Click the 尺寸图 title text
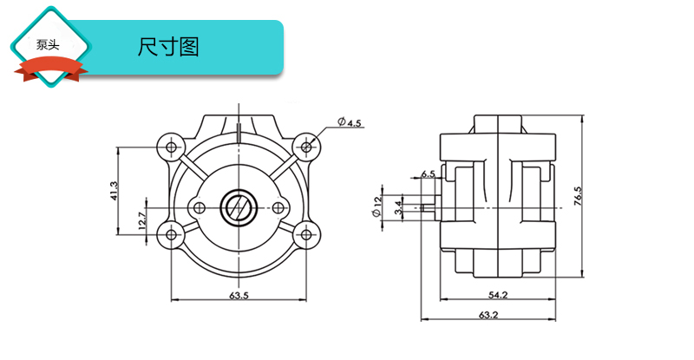tap(168, 48)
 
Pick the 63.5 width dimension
tap(239, 295)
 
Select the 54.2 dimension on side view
tap(497, 295)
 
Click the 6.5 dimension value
tap(428, 174)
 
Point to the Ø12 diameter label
tap(377, 207)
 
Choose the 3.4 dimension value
tap(398, 207)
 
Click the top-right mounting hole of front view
tap(306, 143)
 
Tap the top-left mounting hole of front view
tap(168, 143)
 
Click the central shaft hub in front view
tap(238, 207)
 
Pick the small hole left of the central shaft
tap(199, 207)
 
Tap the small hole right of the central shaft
tap(278, 207)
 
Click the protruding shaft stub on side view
tap(429, 207)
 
